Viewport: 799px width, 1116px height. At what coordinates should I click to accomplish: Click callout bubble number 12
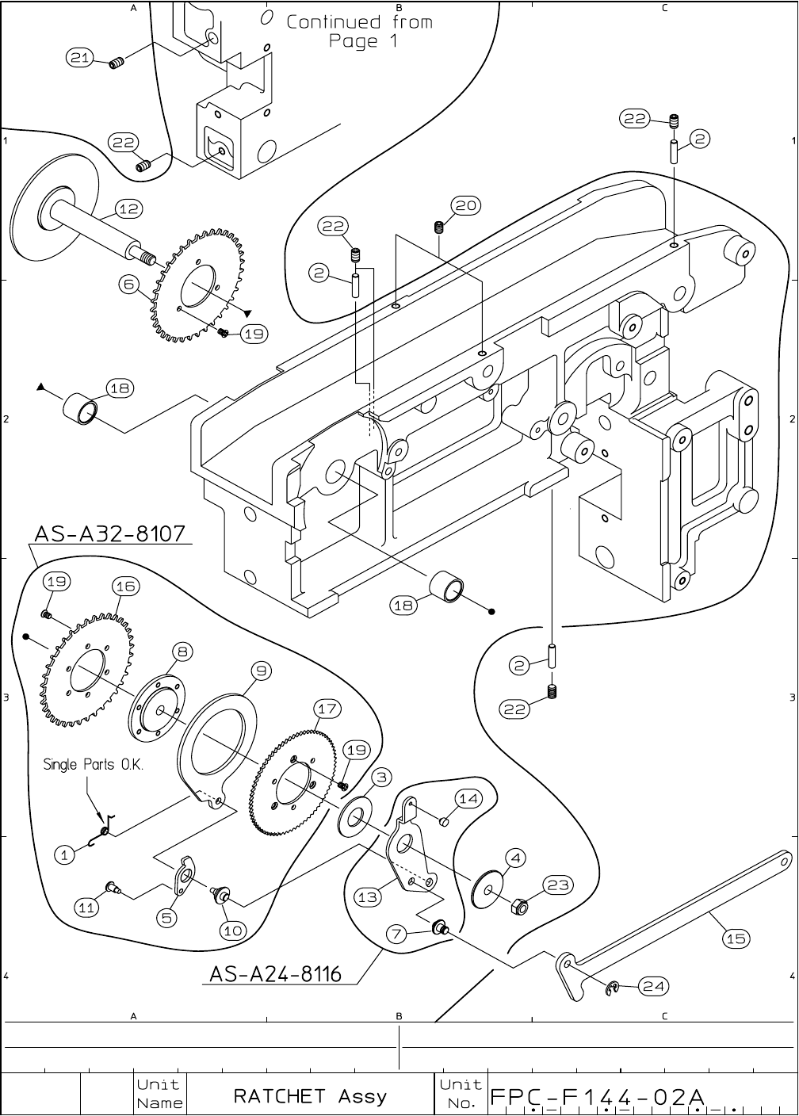click(x=128, y=208)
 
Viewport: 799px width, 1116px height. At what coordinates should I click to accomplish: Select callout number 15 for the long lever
click(x=736, y=938)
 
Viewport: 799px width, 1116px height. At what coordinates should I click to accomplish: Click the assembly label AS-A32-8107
click(x=110, y=533)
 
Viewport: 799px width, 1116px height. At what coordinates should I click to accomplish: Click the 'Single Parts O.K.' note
click(x=94, y=764)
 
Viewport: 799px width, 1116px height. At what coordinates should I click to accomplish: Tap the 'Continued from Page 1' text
click(x=359, y=31)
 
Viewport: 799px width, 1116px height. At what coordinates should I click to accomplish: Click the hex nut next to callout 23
click(x=519, y=908)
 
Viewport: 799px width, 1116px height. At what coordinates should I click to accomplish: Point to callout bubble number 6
click(x=128, y=284)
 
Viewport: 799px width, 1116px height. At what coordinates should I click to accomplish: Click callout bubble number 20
click(x=466, y=205)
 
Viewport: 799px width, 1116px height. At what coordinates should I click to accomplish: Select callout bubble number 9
click(x=261, y=671)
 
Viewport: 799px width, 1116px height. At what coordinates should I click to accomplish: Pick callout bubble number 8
click(x=182, y=652)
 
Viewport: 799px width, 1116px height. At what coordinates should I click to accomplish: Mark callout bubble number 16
click(x=125, y=587)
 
